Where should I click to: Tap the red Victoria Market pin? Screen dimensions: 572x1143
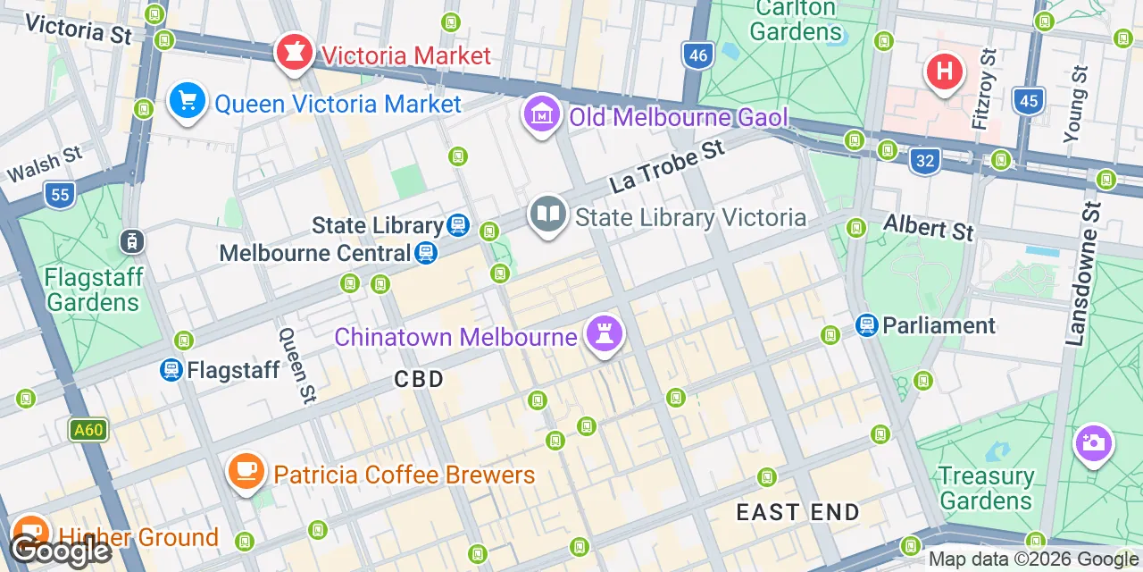pyautogui.click(x=293, y=53)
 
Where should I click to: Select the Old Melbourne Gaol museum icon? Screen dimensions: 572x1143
pyautogui.click(x=541, y=115)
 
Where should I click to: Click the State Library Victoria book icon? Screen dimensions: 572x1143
pyautogui.click(x=548, y=215)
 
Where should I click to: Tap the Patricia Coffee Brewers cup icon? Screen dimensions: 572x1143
pyautogui.click(x=246, y=471)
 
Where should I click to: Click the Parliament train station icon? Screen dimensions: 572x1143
pyautogui.click(x=866, y=325)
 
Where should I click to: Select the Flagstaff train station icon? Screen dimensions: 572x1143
pyautogui.click(x=171, y=369)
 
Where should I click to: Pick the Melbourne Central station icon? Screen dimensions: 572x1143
pyautogui.click(x=426, y=253)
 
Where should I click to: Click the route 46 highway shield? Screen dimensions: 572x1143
pyautogui.click(x=698, y=56)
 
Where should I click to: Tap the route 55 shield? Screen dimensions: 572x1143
pyautogui.click(x=60, y=194)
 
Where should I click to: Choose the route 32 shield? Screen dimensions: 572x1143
pyautogui.click(x=925, y=161)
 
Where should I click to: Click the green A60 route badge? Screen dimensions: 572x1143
pyautogui.click(x=88, y=430)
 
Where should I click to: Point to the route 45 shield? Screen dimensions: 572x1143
pyautogui.click(x=1029, y=100)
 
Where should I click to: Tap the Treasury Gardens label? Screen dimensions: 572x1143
pyautogui.click(x=986, y=488)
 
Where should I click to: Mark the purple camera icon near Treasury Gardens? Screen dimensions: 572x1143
pyautogui.click(x=1093, y=442)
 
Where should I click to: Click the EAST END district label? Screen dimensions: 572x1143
pyautogui.click(x=797, y=512)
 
